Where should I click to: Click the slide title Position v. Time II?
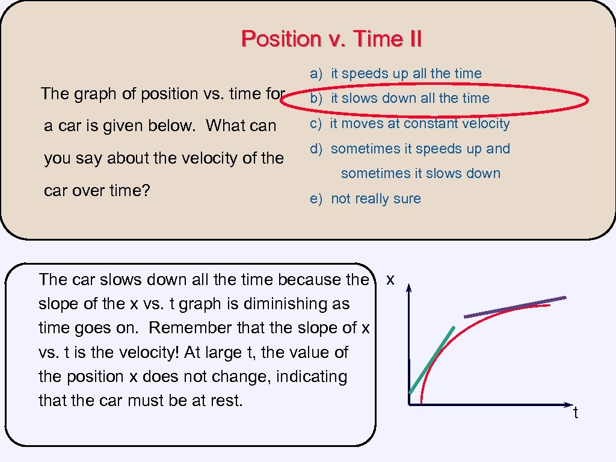[x=331, y=39]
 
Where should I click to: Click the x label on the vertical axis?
[x=390, y=280]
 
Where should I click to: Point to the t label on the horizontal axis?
[x=576, y=413]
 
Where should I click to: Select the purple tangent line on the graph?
[x=515, y=307]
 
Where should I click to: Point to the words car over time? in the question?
[x=97, y=191]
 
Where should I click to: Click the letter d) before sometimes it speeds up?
[x=316, y=149]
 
